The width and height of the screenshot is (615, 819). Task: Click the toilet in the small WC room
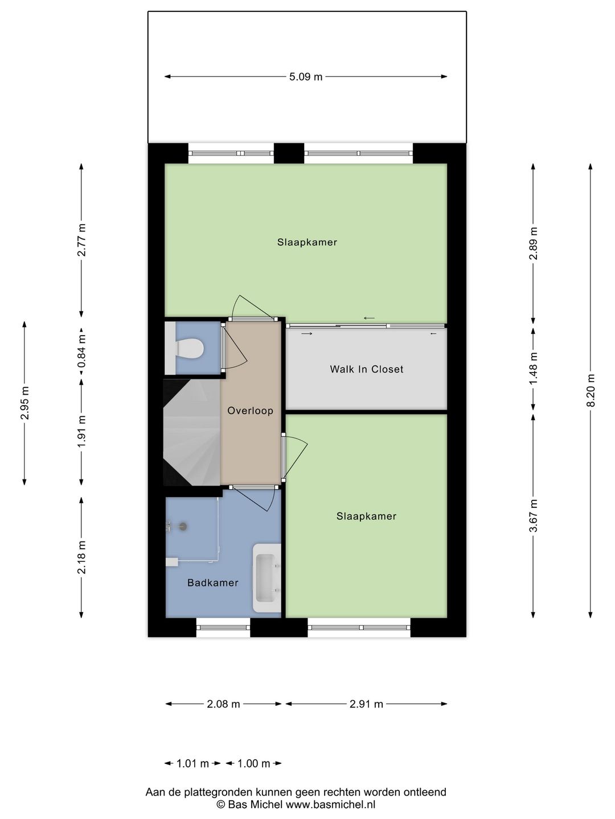pyautogui.click(x=190, y=349)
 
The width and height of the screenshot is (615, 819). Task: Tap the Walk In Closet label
pyautogui.click(x=367, y=369)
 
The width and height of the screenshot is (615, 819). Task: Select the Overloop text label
pyautogui.click(x=250, y=411)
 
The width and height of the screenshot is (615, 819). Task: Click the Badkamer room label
pyautogui.click(x=213, y=582)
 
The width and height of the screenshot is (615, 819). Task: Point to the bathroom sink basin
pyautogui.click(x=266, y=578)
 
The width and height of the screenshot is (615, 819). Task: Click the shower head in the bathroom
pyautogui.click(x=183, y=527)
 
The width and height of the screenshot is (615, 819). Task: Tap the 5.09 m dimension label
pyautogui.click(x=306, y=77)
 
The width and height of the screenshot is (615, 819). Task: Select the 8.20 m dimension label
pyautogui.click(x=591, y=391)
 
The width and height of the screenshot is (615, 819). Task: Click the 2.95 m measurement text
pyautogui.click(x=24, y=403)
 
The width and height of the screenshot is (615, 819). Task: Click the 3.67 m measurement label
pyautogui.click(x=533, y=516)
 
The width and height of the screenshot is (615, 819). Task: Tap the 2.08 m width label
pyautogui.click(x=223, y=704)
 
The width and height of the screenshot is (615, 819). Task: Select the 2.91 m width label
pyautogui.click(x=366, y=704)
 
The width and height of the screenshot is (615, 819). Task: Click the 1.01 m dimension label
pyautogui.click(x=192, y=764)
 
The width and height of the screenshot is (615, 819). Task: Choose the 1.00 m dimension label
pyautogui.click(x=253, y=764)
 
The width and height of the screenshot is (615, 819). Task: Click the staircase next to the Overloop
pyautogui.click(x=192, y=432)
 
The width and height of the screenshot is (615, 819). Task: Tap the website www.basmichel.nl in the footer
pyautogui.click(x=330, y=804)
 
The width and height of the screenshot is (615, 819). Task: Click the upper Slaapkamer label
pyautogui.click(x=307, y=242)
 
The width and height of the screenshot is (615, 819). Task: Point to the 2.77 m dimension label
pyautogui.click(x=82, y=240)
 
